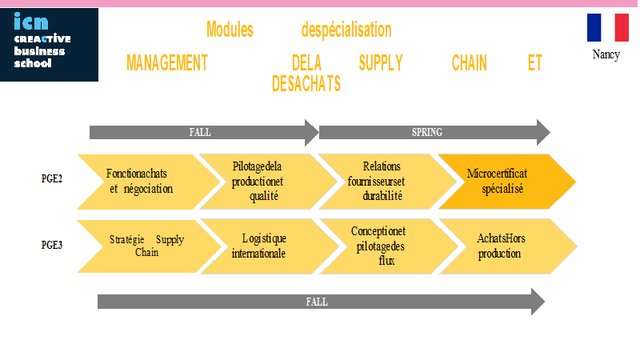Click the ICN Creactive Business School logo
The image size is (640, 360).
tap(49, 45)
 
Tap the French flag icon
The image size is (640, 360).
tap(608, 27)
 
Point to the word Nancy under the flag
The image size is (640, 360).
tap(606, 54)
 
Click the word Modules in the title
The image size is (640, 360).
tap(230, 30)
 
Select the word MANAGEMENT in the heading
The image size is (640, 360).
tap(167, 63)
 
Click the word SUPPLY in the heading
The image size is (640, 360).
tap(381, 63)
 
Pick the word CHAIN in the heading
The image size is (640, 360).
tap(470, 63)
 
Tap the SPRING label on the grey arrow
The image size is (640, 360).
tap(427, 132)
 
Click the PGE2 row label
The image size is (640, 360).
tap(52, 178)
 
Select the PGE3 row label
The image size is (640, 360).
tap(52, 245)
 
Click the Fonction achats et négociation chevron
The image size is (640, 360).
tap(149, 182)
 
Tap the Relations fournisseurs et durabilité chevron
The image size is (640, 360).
tap(388, 182)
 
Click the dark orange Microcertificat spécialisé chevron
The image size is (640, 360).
tap(507, 182)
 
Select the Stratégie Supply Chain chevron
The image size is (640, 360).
tap(150, 246)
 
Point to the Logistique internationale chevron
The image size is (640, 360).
tap(270, 246)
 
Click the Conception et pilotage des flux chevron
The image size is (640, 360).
tap(389, 246)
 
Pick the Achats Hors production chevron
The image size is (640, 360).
tap(508, 246)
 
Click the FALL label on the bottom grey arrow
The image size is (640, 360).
tap(317, 302)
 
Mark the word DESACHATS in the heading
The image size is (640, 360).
tap(306, 84)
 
